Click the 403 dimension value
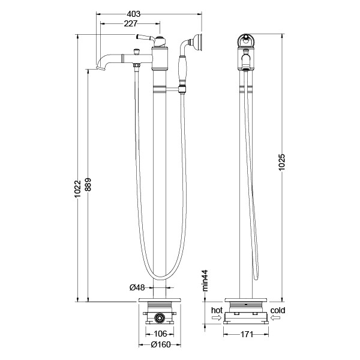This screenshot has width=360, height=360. coord(133,14)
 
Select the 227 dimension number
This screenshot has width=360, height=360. coord(130,23)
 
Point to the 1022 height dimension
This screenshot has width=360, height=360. coord(77,189)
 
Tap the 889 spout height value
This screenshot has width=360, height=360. coord(88,185)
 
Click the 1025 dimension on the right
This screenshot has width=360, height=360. coord(282,162)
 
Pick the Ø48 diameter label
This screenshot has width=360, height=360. coord(137,287)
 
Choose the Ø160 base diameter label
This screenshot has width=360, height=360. coord(161,344)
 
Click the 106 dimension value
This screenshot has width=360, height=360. coord(160,334)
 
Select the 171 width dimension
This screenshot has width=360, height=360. coord(247,335)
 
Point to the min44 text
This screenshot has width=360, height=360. coord(205,281)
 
